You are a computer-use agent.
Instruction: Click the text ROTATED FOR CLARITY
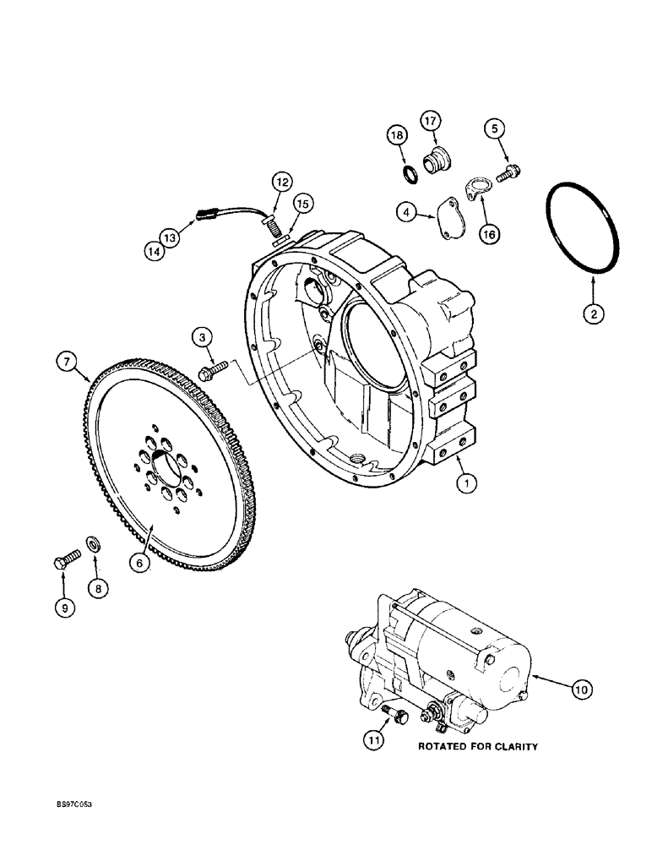pos(478,746)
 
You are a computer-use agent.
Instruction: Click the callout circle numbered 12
pos(280,181)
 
